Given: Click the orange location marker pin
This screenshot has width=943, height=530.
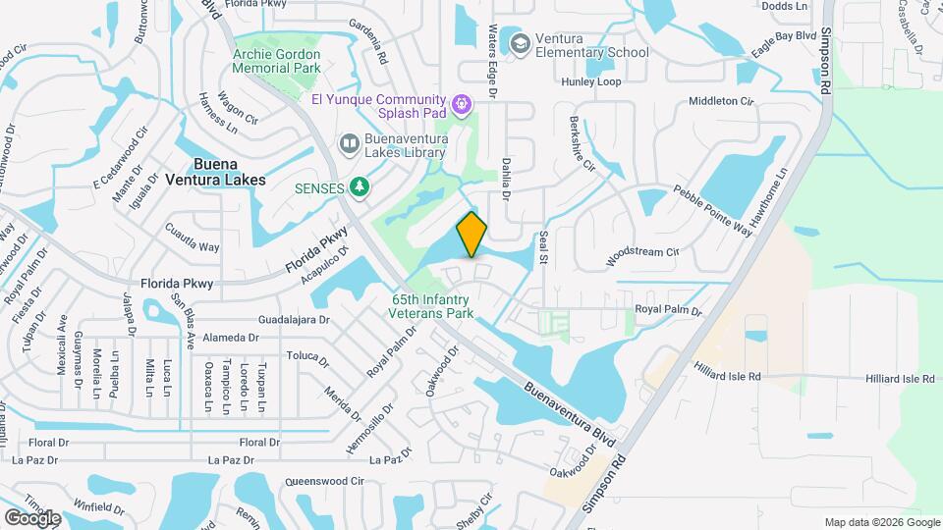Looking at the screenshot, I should [472, 235].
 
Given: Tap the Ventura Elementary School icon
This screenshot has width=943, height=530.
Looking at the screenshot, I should [518, 44].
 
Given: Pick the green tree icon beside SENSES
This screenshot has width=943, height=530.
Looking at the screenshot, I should [361, 186].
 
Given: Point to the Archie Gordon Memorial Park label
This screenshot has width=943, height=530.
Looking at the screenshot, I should [276, 61].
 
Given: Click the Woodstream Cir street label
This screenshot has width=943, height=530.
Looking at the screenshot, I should [643, 252].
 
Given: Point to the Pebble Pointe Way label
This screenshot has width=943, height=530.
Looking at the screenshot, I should [712, 207].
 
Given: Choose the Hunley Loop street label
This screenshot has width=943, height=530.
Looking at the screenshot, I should [591, 81].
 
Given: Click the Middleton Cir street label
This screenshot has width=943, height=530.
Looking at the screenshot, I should [721, 101].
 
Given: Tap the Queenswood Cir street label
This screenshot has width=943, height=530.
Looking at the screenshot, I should [324, 482].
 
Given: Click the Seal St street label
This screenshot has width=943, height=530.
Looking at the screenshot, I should [542, 247].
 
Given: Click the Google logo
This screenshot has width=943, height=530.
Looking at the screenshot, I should [32, 517].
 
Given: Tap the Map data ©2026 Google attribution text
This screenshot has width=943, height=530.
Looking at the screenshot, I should [881, 522].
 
